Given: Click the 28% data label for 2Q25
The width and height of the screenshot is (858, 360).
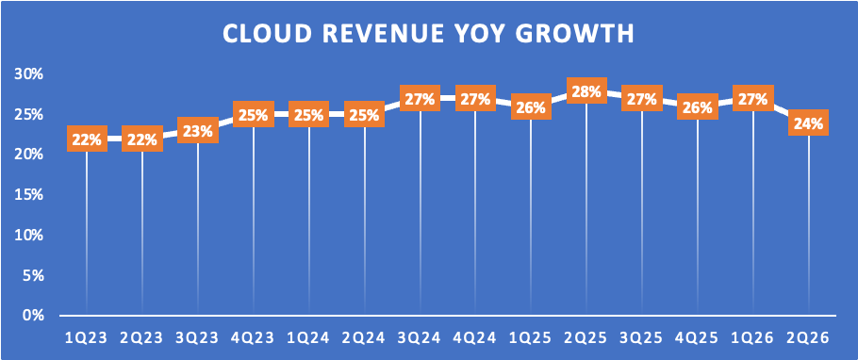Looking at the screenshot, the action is tap(586, 91).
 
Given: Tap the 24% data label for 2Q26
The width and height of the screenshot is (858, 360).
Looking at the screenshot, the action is tap(808, 123).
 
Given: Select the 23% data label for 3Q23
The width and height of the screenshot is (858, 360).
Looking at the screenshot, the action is tap(198, 131).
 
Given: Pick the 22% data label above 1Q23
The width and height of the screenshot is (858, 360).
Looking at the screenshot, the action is tap(87, 139).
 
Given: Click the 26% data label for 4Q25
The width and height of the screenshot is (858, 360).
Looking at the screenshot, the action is tap(697, 107).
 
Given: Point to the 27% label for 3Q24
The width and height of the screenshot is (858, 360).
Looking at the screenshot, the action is tap(421, 100).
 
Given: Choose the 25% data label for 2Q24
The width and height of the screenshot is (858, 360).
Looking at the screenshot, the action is tap(365, 115).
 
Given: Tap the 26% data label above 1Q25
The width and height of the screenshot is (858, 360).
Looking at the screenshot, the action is tap(531, 107).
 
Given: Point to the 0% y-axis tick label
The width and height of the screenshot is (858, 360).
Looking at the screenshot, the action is tap(33, 316).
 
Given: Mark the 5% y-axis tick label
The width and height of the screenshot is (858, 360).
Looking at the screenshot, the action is tap(33, 276).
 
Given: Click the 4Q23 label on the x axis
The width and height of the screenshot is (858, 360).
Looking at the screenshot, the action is tap(254, 338).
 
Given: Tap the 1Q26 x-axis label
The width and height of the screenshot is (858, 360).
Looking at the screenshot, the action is tap(752, 338).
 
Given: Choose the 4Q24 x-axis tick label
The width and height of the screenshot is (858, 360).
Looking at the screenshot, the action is tap(475, 338).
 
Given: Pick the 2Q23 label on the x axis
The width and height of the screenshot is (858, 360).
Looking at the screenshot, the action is tap(142, 338).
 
